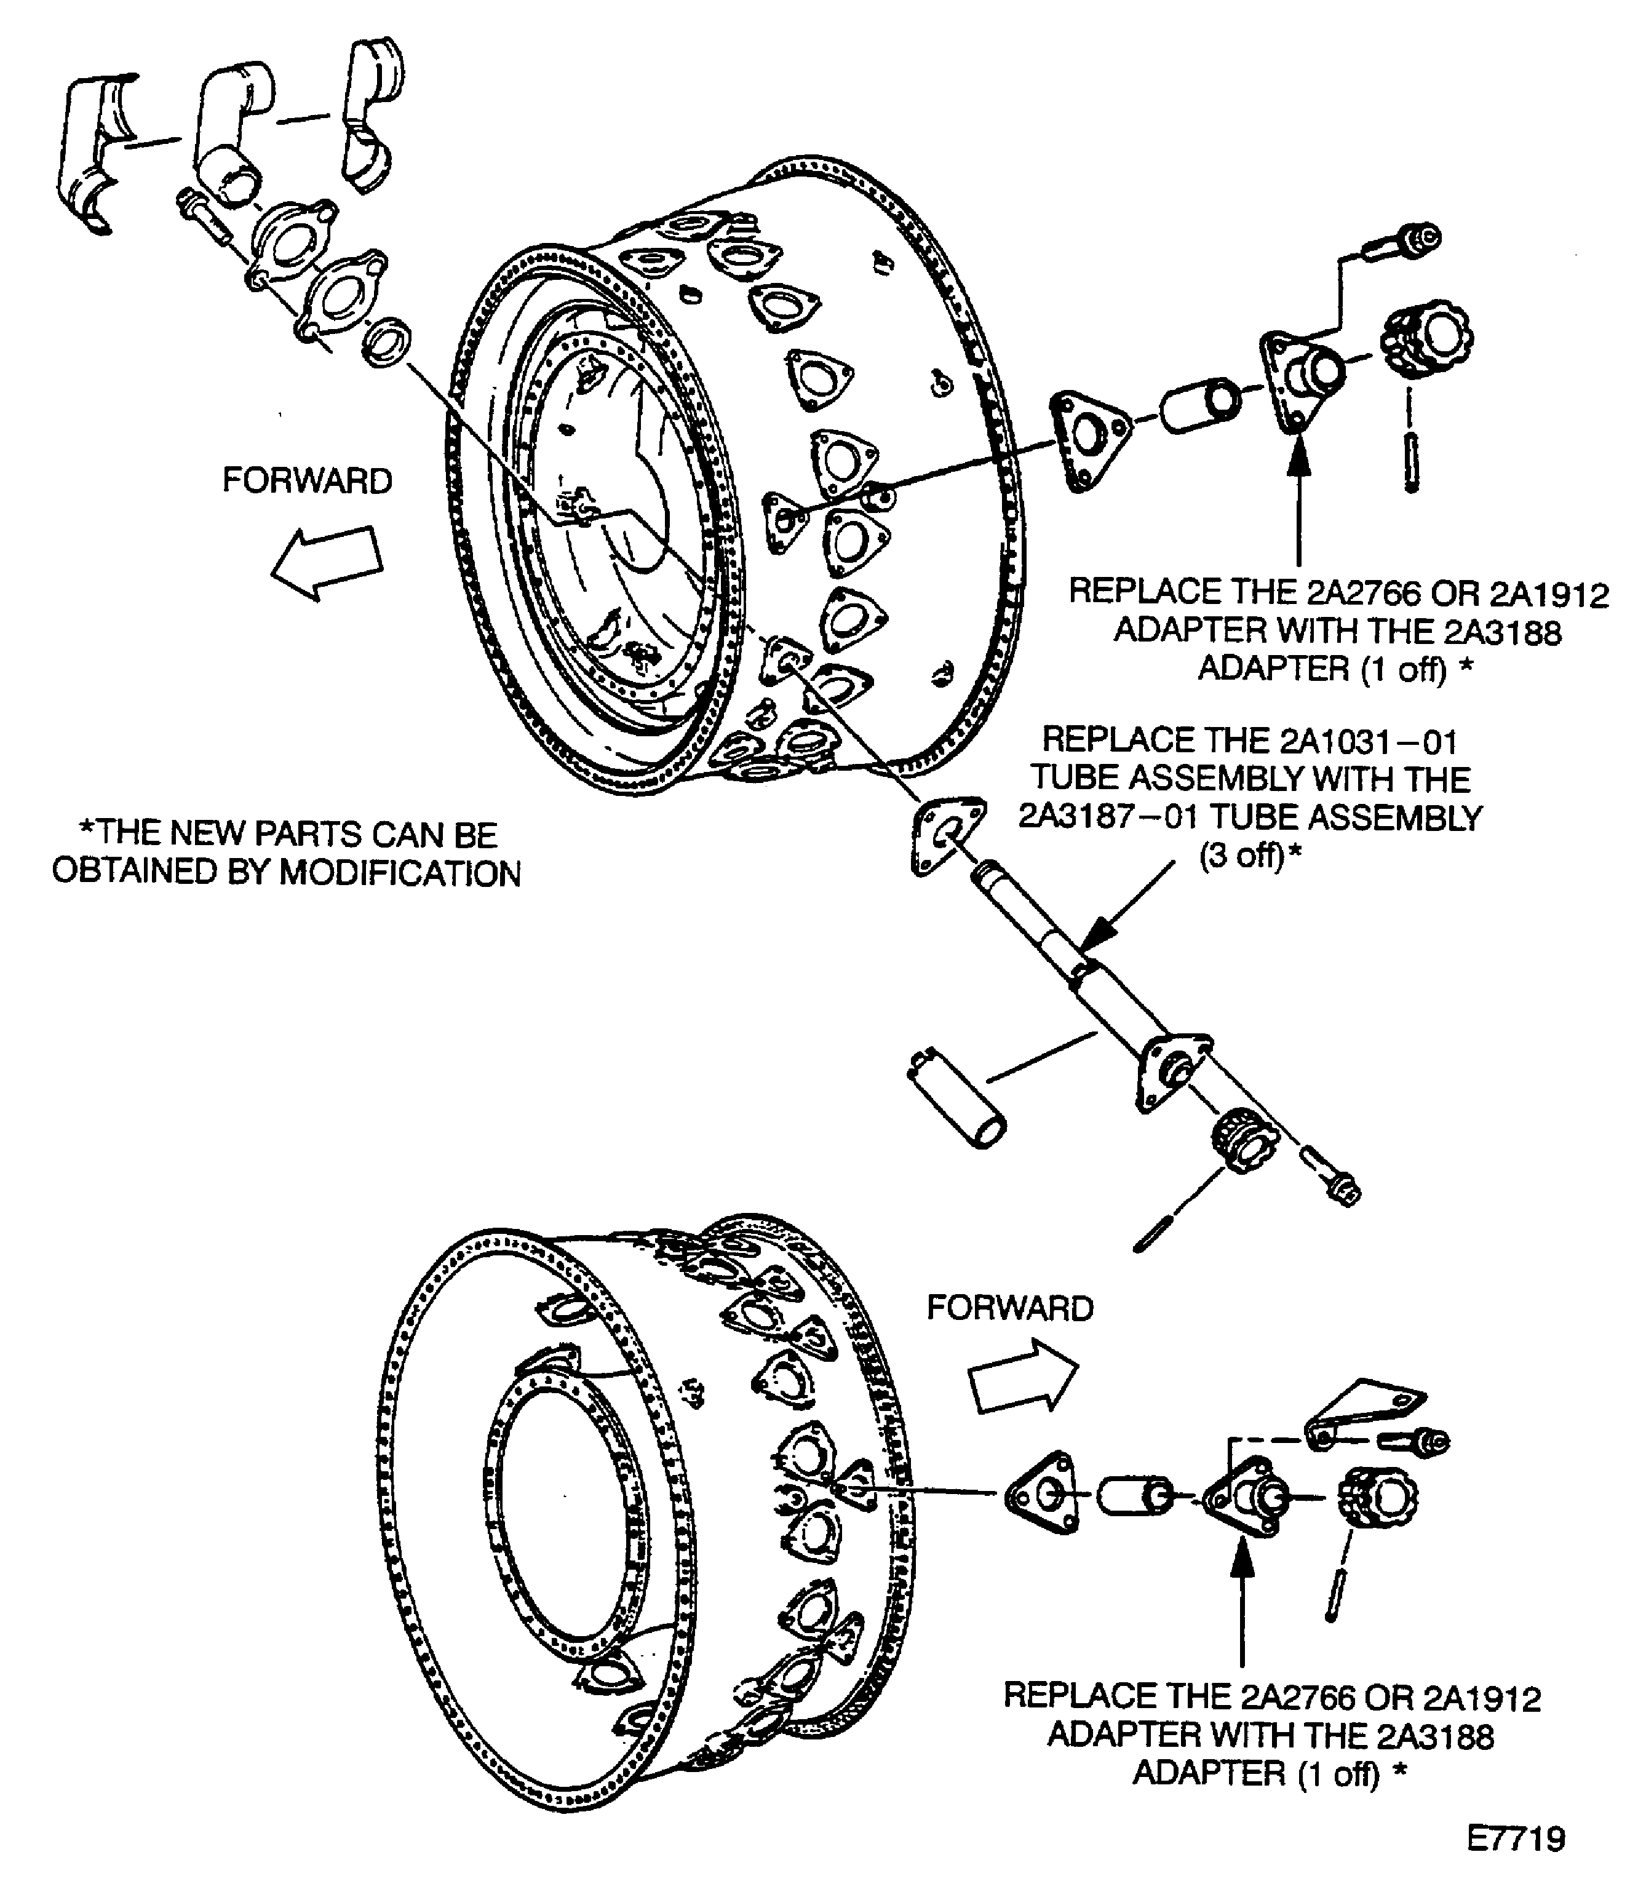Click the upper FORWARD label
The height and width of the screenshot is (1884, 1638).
307,481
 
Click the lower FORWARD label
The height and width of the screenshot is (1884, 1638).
1009,1308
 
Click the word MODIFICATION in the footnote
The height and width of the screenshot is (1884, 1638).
399,874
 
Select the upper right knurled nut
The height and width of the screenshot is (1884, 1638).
1427,338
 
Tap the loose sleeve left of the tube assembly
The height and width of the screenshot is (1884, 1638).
956,1100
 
